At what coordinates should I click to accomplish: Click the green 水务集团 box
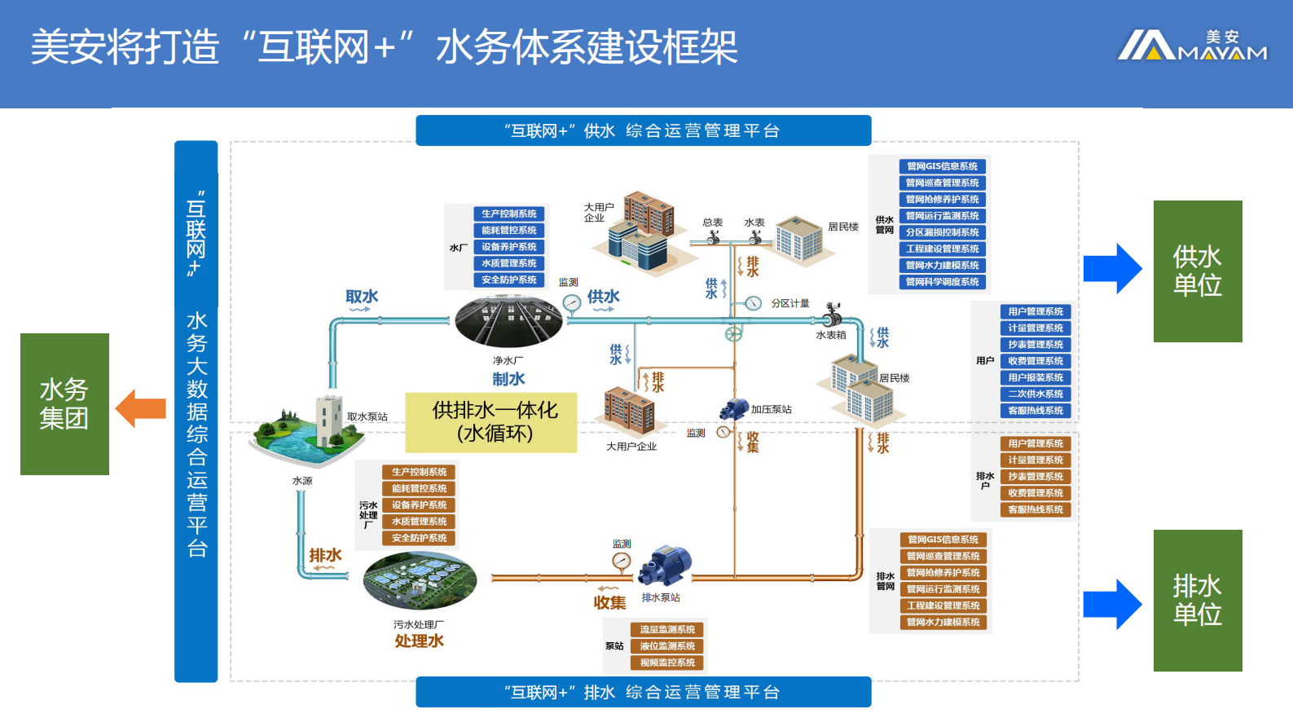click(64, 404)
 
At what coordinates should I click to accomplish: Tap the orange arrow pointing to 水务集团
click(141, 408)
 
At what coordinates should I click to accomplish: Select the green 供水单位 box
click(1197, 271)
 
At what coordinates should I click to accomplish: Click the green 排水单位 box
click(1197, 600)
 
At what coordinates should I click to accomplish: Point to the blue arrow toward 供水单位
click(1112, 268)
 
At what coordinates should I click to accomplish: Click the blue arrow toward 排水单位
click(1112, 604)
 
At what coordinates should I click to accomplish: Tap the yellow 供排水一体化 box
click(491, 422)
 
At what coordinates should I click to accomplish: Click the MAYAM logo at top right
click(1192, 46)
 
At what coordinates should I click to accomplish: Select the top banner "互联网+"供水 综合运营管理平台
click(643, 130)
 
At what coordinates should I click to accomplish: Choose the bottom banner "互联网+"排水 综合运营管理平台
click(643, 692)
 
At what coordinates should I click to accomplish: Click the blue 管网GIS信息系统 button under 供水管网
click(942, 166)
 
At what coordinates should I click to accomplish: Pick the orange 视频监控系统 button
click(666, 663)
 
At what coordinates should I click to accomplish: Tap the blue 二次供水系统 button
click(1035, 394)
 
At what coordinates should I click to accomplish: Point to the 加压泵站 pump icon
click(734, 409)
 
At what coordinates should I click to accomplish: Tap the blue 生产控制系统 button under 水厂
click(508, 214)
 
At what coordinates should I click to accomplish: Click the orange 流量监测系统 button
click(666, 629)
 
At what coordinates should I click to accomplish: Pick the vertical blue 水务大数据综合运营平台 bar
click(196, 412)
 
